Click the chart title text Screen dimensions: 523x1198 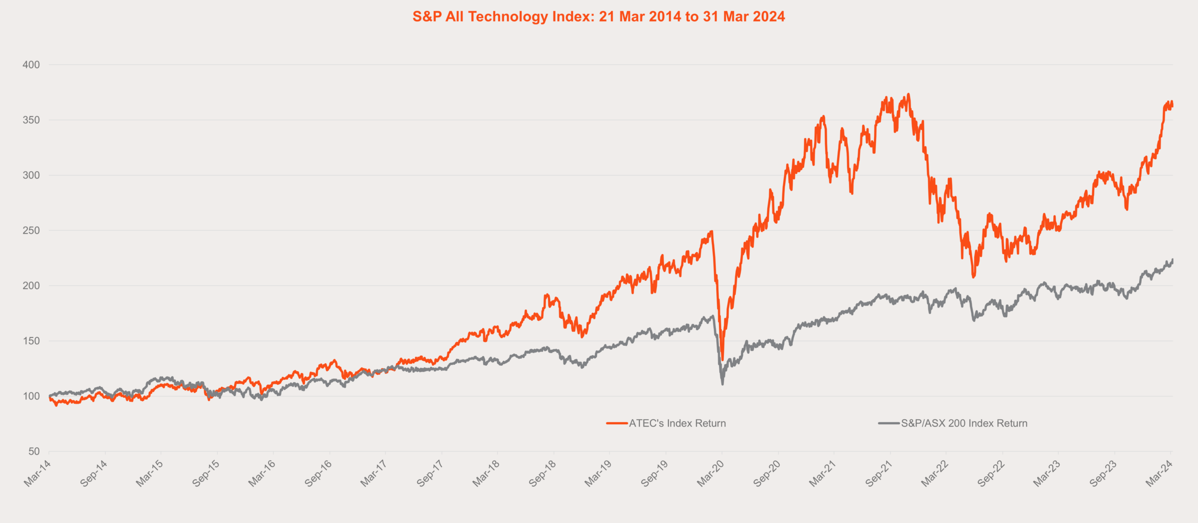(599, 17)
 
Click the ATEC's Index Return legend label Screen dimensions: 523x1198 (677, 423)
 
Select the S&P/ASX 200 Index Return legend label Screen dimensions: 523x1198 (964, 423)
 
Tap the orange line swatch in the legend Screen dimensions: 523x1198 (617, 423)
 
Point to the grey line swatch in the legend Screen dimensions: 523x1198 (889, 423)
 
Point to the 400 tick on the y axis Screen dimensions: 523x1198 (31, 65)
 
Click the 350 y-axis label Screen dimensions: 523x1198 (31, 120)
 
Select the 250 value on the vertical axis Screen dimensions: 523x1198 (31, 231)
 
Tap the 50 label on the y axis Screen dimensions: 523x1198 (34, 452)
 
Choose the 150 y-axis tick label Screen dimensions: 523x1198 (31, 341)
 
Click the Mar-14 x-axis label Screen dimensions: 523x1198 (38, 473)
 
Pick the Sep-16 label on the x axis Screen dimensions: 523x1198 (318, 473)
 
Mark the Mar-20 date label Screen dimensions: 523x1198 (711, 473)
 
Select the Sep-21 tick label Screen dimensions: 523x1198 (879, 473)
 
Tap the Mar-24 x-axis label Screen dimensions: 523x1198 (1160, 473)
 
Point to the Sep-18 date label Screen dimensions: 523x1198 (543, 473)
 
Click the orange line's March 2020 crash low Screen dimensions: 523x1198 (722, 359)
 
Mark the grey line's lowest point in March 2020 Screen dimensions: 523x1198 (722, 384)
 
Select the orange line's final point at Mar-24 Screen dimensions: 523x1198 (1172, 106)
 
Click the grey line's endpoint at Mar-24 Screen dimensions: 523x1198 (1173, 260)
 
